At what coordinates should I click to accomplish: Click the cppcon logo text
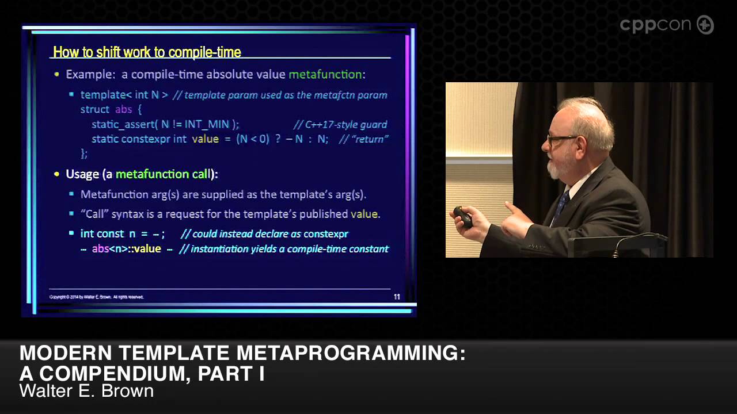point(656,25)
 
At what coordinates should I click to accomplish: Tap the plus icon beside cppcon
point(705,25)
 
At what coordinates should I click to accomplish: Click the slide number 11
point(397,297)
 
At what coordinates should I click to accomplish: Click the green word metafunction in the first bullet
point(325,74)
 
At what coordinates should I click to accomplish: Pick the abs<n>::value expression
point(126,249)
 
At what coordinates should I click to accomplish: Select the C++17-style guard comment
point(340,124)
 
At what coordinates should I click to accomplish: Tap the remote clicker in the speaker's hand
point(463,217)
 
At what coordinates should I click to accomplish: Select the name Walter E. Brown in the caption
point(86,391)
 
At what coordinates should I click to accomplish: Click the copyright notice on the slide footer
point(96,297)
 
